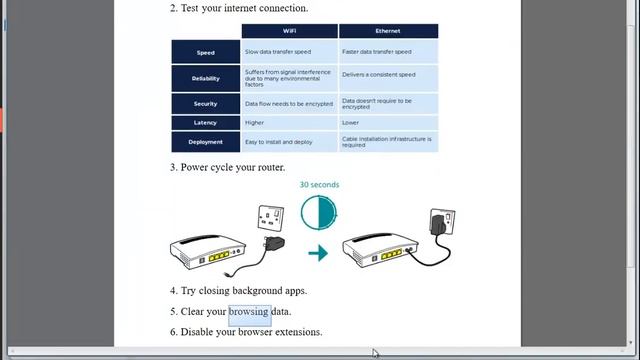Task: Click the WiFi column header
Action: [x=289, y=31]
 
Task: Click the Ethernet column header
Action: [x=387, y=31]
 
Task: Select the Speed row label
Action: [x=205, y=52]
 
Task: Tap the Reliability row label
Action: [x=205, y=78]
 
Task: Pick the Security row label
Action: [x=205, y=104]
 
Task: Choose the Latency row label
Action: [x=205, y=123]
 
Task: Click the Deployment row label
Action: [x=205, y=142]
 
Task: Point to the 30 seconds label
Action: [x=319, y=185]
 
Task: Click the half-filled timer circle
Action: [x=319, y=213]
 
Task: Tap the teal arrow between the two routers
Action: [x=318, y=253]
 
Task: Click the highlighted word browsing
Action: [x=249, y=312]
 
